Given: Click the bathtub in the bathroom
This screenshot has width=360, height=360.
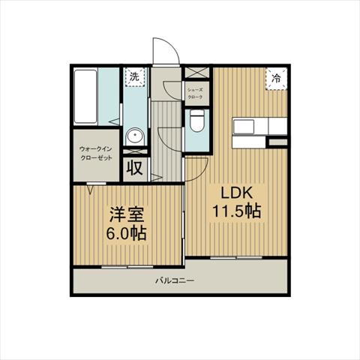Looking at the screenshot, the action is tap(85, 97).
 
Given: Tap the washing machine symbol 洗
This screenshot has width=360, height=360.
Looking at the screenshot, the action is tap(135, 77).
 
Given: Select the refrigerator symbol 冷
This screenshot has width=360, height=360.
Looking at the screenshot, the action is tap(276, 79).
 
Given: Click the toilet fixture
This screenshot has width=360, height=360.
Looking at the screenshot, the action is tap(197, 121).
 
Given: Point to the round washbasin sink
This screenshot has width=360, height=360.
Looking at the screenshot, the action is tap(135, 136).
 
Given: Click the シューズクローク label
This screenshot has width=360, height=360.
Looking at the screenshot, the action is tap(195, 94).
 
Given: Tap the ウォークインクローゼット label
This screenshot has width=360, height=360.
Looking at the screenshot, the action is tap(96, 154).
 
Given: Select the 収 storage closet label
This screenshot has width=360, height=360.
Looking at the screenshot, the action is tap(134, 167).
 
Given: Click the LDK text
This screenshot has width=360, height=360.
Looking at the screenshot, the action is tap(236, 193).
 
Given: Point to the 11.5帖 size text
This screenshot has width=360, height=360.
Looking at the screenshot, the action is tap(237, 211).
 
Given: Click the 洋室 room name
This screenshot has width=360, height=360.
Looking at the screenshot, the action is tap(127, 214).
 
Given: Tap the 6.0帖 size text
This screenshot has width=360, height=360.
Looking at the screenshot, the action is tap(126, 233).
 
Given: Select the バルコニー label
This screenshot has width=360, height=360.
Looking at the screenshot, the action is tap(175, 280).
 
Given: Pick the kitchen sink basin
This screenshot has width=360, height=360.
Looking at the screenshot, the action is tap(244, 127).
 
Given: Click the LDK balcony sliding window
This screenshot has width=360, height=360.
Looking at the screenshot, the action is tap(236, 257).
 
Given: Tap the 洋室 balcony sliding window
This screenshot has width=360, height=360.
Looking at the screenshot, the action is tap(127, 267).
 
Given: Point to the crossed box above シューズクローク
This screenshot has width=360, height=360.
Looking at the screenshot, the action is tap(196, 73).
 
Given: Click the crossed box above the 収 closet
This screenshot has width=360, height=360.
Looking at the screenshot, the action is tap(135, 151).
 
